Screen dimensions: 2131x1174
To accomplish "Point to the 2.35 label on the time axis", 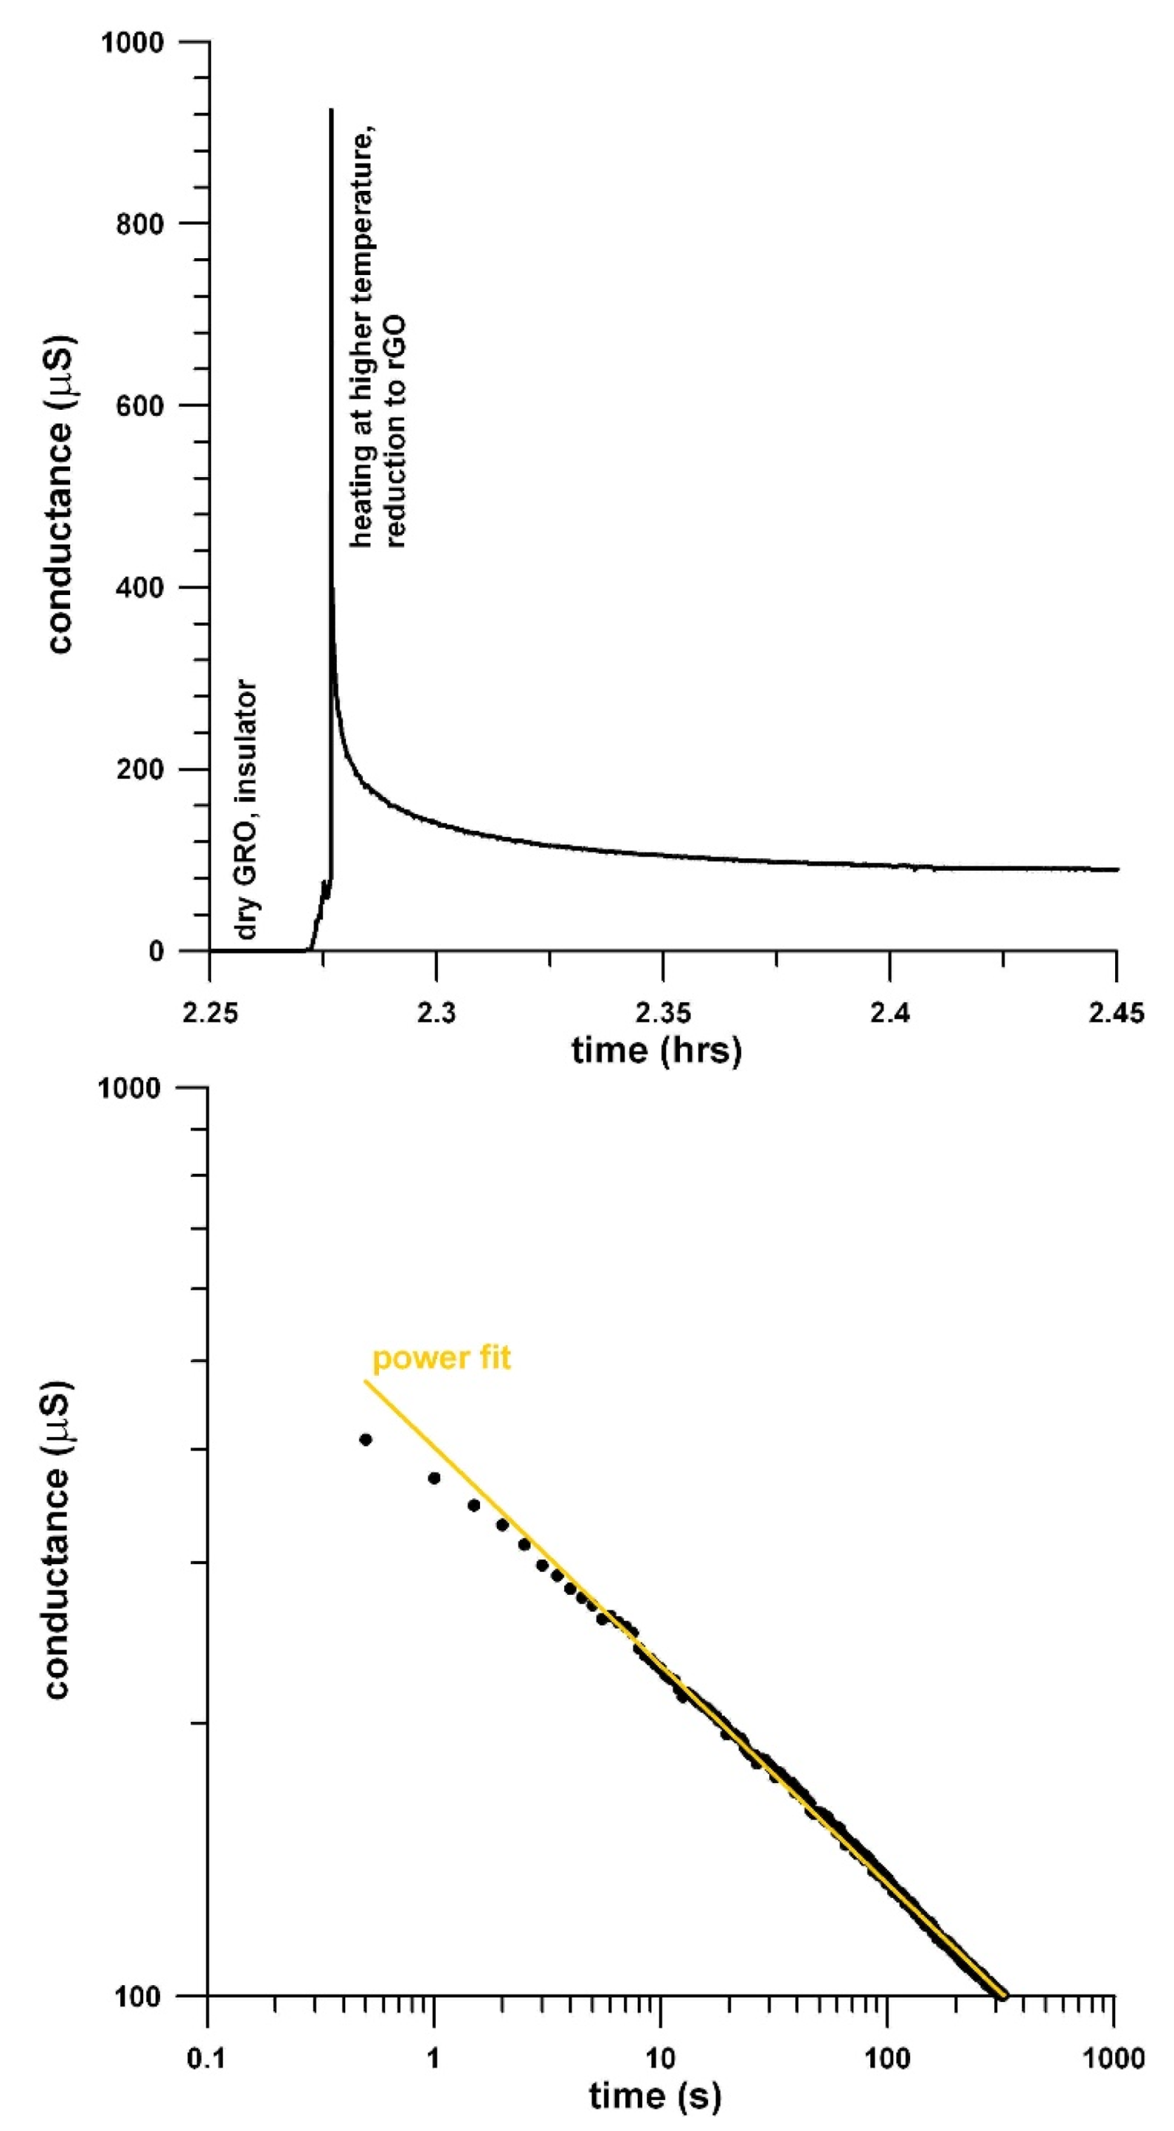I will pyautogui.click(x=662, y=1013).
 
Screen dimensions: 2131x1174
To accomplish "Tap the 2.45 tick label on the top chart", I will pyautogui.click(x=1116, y=1013).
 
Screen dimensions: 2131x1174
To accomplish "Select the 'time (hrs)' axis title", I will pyautogui.click(x=656, y=1050).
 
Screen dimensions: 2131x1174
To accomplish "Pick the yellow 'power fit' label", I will pyautogui.click(x=441, y=1358).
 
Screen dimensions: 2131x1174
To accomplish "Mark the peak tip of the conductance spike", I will pyautogui.click(x=331, y=110).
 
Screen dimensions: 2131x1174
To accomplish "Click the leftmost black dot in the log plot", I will pyautogui.click(x=366, y=1439).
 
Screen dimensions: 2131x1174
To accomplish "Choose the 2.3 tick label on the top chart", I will pyautogui.click(x=436, y=1013).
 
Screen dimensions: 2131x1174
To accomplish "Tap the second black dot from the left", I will pyautogui.click(x=434, y=1478).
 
